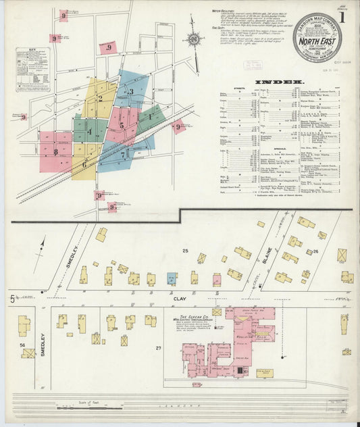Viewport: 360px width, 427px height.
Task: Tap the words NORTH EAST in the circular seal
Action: [317, 46]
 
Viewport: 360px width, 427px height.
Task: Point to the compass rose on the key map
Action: [193, 40]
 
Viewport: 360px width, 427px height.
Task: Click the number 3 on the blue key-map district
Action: [132, 92]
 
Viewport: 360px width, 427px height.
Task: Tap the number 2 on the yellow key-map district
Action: [100, 97]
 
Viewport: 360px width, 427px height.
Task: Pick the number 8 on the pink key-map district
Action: [55, 152]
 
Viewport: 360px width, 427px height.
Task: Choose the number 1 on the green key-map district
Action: [149, 117]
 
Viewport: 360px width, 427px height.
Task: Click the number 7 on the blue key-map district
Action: [122, 155]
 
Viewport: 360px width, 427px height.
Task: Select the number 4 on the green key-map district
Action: [89, 131]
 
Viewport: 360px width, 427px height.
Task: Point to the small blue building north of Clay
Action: [172, 278]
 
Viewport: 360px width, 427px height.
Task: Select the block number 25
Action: [184, 251]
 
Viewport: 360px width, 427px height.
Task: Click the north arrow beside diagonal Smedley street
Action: [44, 243]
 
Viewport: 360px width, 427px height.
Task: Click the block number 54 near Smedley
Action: [22, 345]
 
